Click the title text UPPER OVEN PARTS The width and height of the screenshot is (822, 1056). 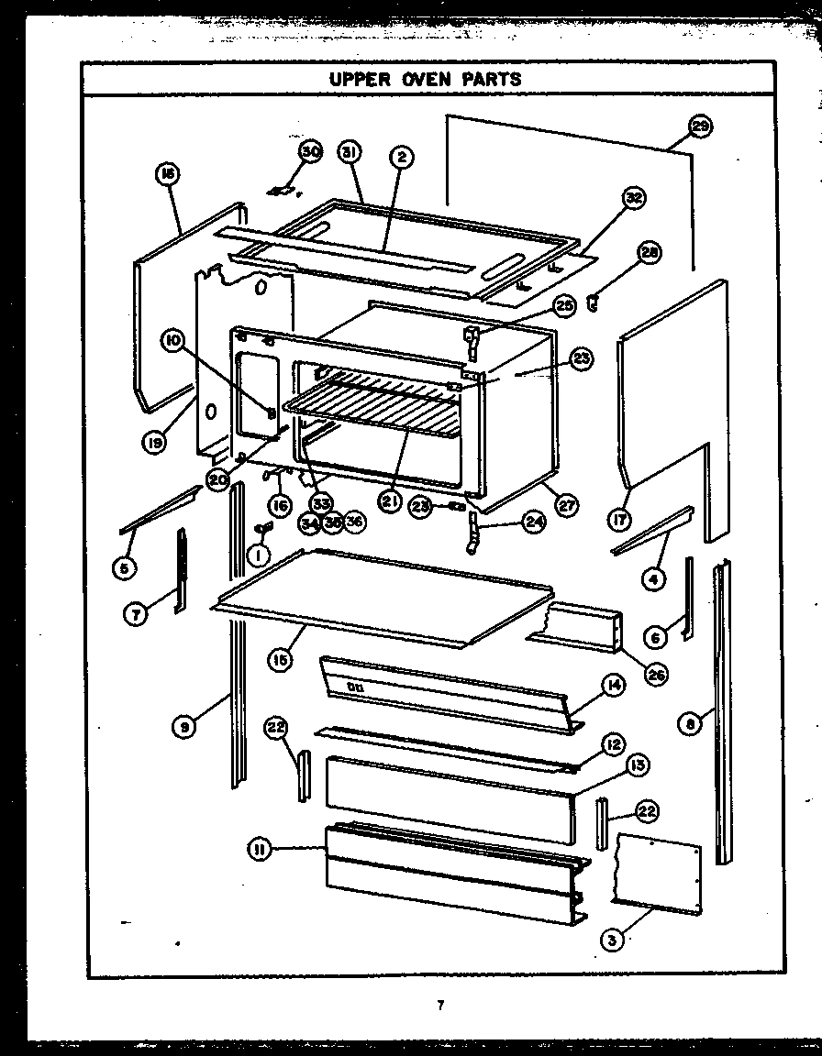coord(426,79)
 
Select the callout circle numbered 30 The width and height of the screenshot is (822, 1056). coord(311,152)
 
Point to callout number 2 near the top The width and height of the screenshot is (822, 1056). coord(401,158)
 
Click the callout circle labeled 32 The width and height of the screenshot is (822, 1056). coord(633,198)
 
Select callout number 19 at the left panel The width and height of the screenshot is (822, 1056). coord(154,443)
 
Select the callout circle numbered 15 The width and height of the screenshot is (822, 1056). coord(281,658)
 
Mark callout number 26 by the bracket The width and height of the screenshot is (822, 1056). coord(656,676)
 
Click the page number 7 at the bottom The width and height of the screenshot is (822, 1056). coord(441,1006)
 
